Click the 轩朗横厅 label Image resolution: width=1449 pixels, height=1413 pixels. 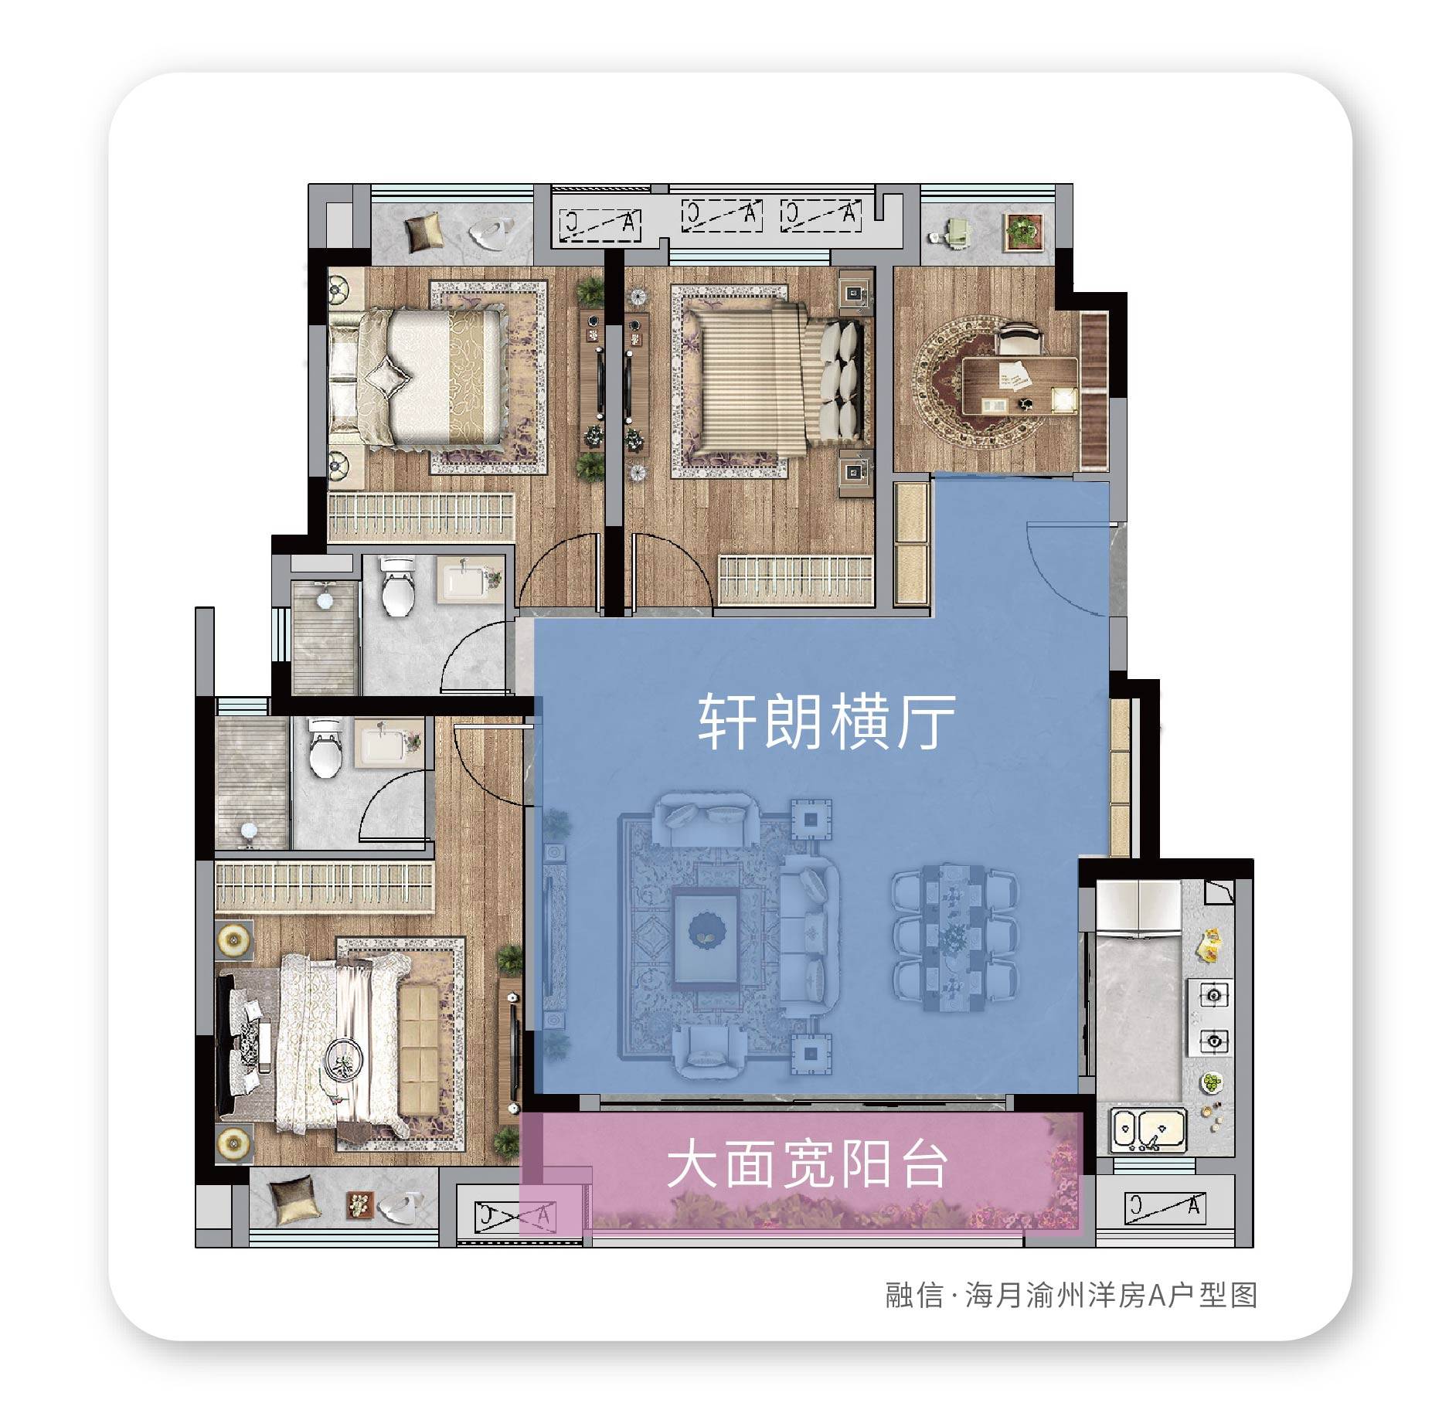827,722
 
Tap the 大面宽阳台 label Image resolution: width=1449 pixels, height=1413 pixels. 808,1166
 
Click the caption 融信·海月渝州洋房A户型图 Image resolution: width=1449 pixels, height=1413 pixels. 1071,1295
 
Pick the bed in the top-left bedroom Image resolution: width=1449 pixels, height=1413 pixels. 415,377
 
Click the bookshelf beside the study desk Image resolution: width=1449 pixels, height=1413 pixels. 1094,391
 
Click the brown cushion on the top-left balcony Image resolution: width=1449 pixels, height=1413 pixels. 423,232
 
